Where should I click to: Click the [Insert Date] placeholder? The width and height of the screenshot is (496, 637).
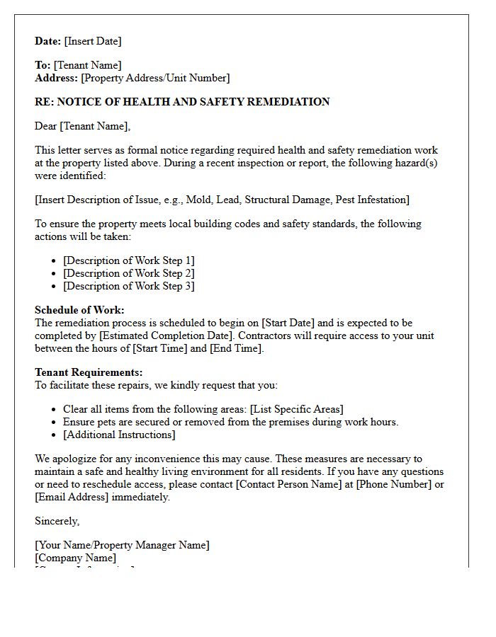pyautogui.click(x=93, y=41)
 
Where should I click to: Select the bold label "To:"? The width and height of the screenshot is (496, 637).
pyautogui.click(x=43, y=65)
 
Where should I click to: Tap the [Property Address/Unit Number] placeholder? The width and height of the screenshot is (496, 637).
pyautogui.click(x=155, y=78)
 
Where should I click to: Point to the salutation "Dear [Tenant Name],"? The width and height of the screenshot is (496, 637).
pyautogui.click(x=83, y=126)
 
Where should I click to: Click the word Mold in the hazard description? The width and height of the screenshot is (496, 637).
pyautogui.click(x=199, y=200)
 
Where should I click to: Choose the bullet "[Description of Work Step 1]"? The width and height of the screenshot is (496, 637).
pyautogui.click(x=128, y=260)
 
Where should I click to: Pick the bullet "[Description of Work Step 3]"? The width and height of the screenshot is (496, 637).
pyautogui.click(x=128, y=286)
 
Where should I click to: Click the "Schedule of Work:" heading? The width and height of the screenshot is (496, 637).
pyautogui.click(x=79, y=310)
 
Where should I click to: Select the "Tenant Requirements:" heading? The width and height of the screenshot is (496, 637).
pyautogui.click(x=89, y=372)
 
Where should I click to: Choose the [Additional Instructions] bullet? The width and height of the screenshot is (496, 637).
pyautogui.click(x=119, y=435)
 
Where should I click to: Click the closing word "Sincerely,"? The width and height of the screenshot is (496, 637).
pyautogui.click(x=57, y=521)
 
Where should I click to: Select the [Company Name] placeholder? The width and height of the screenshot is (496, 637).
pyautogui.click(x=75, y=558)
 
